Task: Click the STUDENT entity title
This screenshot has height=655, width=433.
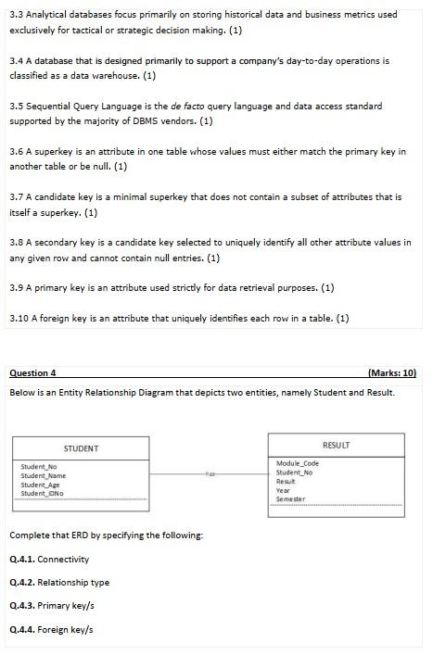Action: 82,448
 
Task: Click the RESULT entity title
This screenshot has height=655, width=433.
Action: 336,445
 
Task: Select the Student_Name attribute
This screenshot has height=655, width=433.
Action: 44,475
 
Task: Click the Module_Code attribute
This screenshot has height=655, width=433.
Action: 298,463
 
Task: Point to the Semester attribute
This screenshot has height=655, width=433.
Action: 291,499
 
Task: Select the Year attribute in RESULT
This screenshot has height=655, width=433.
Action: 284,490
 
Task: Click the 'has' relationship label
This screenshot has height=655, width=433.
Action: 210,472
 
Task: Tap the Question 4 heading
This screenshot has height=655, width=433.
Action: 32,373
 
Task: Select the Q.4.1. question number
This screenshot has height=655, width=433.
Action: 21,560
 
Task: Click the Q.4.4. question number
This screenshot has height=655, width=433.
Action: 21,630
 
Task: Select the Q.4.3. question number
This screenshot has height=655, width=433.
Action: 21,606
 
